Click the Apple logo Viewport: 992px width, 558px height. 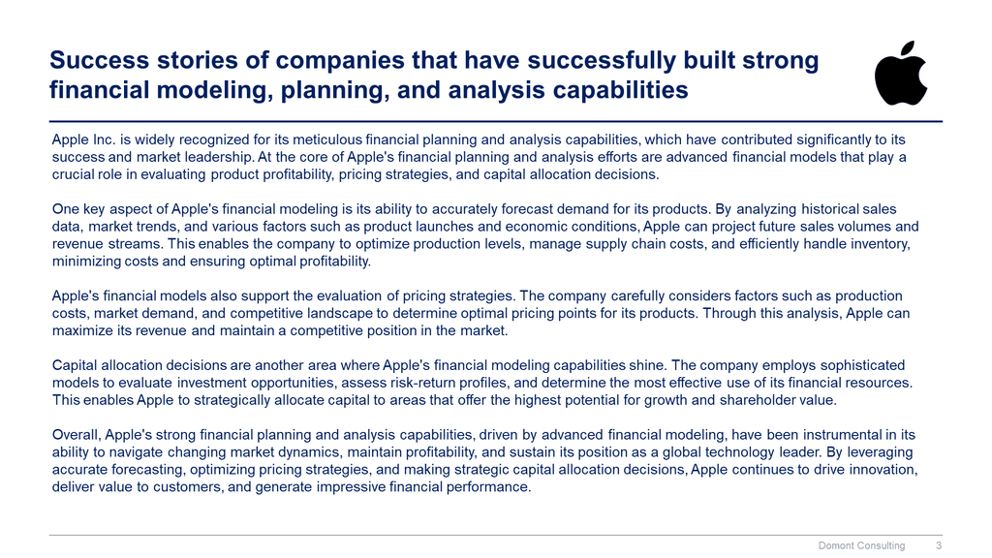click(901, 74)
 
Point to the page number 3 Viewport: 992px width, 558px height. click(939, 545)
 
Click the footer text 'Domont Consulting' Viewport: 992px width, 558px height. click(861, 545)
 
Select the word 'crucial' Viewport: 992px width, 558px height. click(72, 174)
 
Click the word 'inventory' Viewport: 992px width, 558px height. click(883, 244)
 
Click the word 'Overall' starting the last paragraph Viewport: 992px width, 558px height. click(76, 435)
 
